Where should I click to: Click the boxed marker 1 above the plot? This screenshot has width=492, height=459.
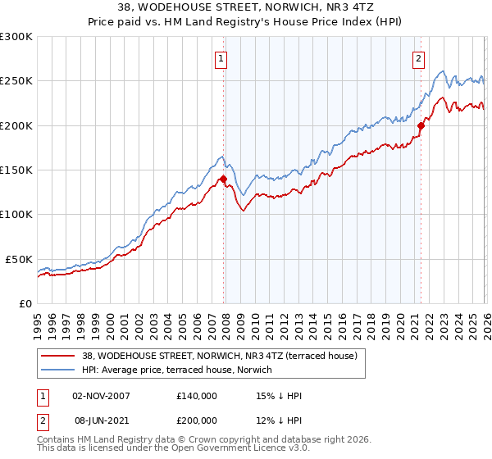point(221,58)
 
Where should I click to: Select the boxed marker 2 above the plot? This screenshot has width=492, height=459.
point(419,58)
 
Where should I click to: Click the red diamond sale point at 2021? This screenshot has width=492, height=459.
point(421,125)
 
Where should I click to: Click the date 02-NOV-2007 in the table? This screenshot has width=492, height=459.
point(101,396)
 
